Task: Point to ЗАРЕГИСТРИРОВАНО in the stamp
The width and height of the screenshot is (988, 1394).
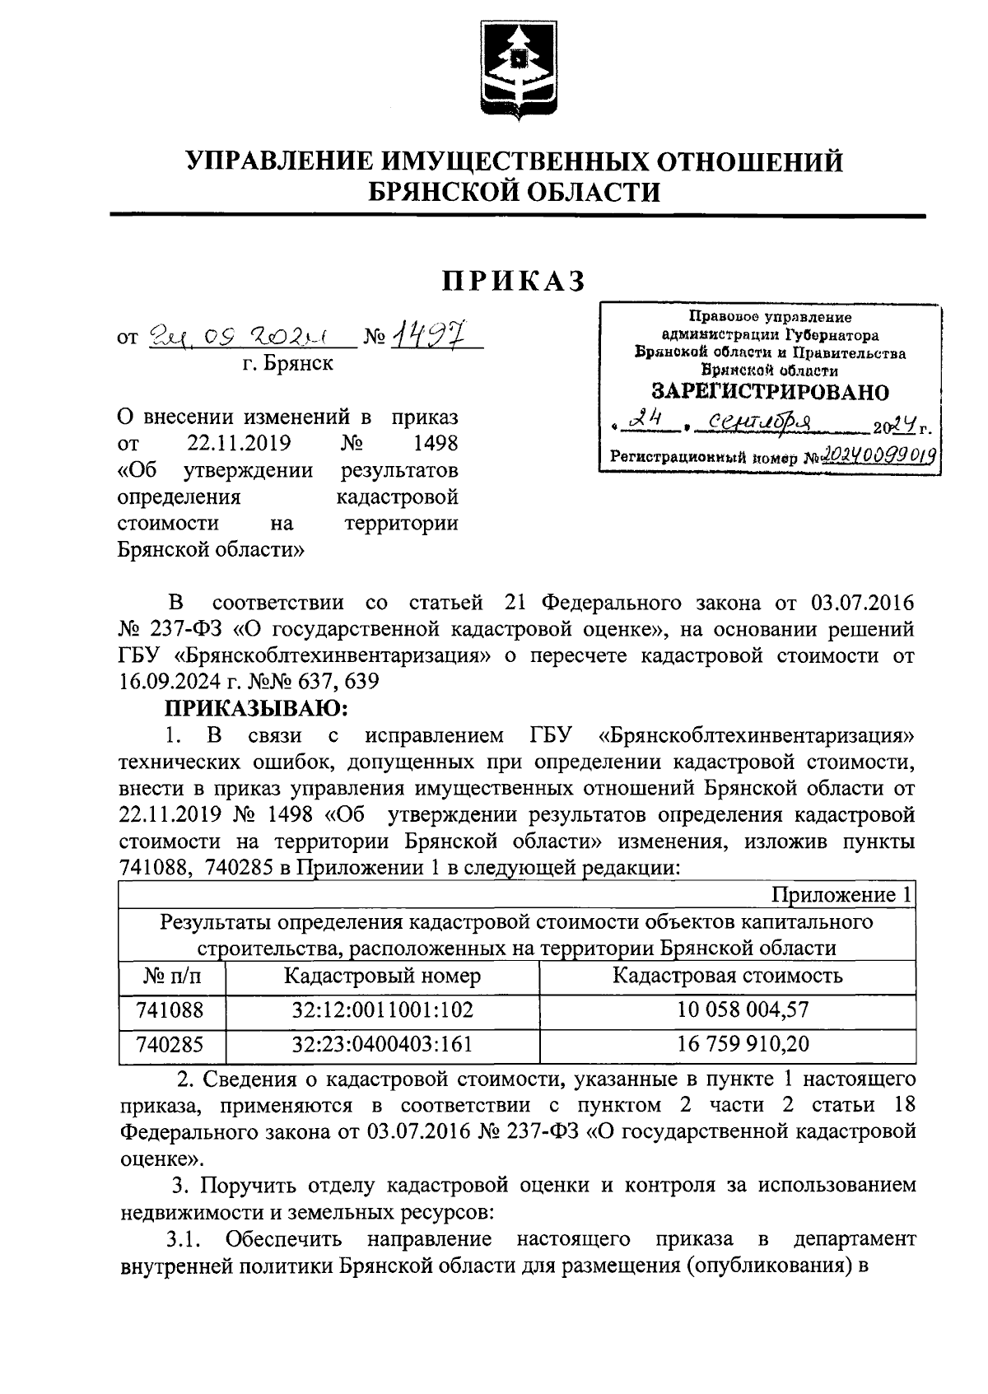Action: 770,391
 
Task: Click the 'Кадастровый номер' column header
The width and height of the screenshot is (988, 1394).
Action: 382,976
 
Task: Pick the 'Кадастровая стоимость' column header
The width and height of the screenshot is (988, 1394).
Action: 728,976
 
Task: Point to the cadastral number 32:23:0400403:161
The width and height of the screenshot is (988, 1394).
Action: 382,1044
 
